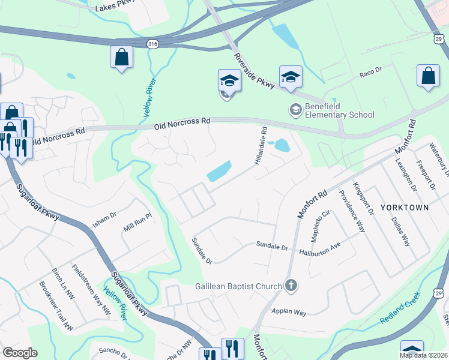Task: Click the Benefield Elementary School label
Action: click(x=339, y=110)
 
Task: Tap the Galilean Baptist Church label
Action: click(x=238, y=286)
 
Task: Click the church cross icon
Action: click(x=291, y=285)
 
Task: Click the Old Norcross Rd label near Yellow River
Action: click(x=182, y=123)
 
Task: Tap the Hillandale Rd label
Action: click(x=262, y=146)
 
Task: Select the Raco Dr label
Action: click(x=370, y=73)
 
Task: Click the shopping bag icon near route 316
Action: click(x=121, y=58)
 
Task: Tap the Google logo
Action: click(x=19, y=353)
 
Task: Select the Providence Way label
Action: click(x=352, y=211)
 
